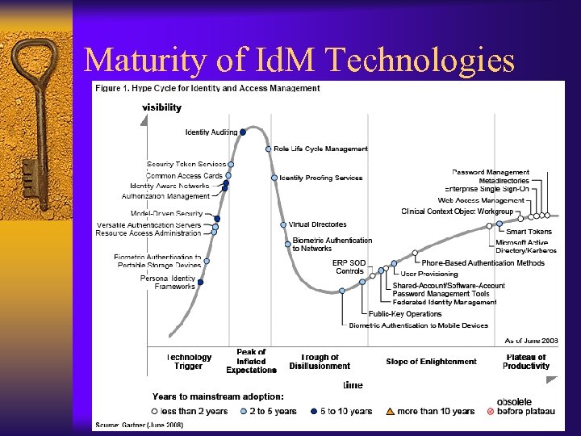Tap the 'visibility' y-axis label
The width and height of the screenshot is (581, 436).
point(161,107)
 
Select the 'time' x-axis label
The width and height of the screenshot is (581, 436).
point(353,385)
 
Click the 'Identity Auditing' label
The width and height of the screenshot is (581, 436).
point(211,132)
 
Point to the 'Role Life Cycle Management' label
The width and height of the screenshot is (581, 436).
point(320,149)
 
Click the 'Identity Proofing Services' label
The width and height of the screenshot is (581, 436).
point(321,178)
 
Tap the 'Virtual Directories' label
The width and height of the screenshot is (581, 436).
point(318,224)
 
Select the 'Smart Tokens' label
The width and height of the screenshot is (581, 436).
point(529,232)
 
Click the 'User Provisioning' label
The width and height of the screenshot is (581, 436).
point(428,275)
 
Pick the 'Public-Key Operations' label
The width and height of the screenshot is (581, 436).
point(405,314)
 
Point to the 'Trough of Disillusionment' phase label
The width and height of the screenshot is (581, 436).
point(320,362)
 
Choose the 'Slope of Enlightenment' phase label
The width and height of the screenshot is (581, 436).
point(431,362)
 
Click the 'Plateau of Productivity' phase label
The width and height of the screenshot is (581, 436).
point(526,362)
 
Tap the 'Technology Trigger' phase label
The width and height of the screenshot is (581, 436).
point(190,362)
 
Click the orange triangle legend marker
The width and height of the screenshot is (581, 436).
point(390,411)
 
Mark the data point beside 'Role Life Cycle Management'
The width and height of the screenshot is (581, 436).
point(268,149)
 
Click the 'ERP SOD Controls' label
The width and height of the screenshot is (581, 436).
point(349,266)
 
